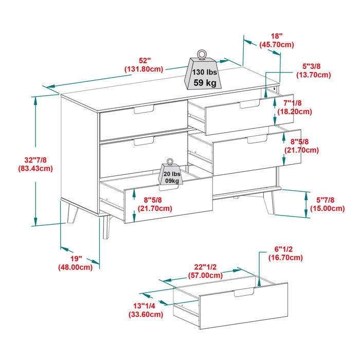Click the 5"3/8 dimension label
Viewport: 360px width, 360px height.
pyautogui.click(x=313, y=70)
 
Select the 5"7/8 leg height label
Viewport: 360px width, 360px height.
pyautogui.click(x=327, y=204)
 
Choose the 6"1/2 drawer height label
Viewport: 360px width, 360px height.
pyautogui.click(x=285, y=254)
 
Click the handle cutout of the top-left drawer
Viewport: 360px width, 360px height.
pyautogui.click(x=143, y=110)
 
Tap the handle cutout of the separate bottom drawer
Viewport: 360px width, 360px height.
pyautogui.click(x=244, y=293)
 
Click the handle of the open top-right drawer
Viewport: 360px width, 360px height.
pyautogui.click(x=249, y=104)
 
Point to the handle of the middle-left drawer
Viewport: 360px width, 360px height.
pyautogui.click(x=143, y=141)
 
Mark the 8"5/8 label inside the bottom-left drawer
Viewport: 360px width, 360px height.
pyautogui.click(x=154, y=204)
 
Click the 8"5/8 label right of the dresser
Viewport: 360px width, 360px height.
pyautogui.click(x=301, y=146)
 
